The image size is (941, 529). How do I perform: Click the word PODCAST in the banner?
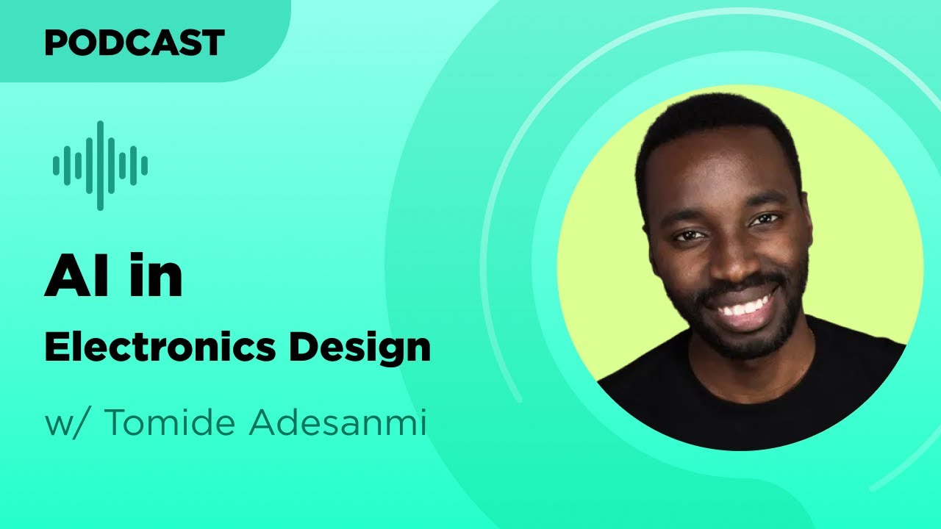click(x=134, y=43)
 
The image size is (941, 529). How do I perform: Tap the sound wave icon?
click(x=100, y=165)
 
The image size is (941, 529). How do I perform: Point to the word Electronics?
click(x=159, y=347)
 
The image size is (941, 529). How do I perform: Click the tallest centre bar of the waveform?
click(x=100, y=165)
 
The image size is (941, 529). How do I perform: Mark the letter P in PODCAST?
click(x=55, y=43)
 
